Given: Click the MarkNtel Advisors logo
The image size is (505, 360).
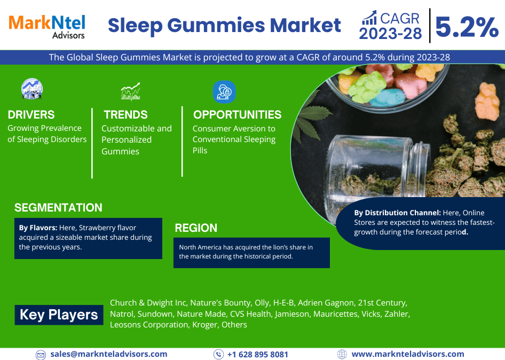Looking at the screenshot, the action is click(x=46, y=27).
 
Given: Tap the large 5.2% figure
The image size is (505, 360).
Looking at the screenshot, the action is click(x=467, y=27).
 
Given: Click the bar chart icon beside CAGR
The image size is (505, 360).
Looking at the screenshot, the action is click(x=369, y=18).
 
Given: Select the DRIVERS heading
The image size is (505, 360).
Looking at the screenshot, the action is click(x=31, y=115).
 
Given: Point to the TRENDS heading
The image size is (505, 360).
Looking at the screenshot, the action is click(x=125, y=115).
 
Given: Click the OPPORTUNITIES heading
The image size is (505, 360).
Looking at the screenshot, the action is click(x=238, y=115).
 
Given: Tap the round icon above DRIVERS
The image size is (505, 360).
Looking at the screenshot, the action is click(x=32, y=89).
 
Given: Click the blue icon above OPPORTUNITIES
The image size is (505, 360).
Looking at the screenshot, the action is click(x=224, y=92).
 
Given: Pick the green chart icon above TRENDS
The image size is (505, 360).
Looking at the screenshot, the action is click(x=131, y=91).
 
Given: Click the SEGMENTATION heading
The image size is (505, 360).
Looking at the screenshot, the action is click(x=58, y=208).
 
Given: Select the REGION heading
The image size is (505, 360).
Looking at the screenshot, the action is click(x=196, y=228).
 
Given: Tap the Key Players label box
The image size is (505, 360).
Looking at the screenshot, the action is click(x=59, y=315).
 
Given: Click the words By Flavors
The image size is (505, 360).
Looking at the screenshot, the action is click(x=38, y=228).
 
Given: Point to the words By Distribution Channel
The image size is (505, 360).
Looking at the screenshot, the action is click(x=397, y=213).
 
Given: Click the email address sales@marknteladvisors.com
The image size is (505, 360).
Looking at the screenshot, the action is click(x=109, y=354).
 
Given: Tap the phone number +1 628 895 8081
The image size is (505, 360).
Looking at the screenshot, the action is click(x=258, y=355).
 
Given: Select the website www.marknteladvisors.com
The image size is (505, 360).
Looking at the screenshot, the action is click(x=408, y=354).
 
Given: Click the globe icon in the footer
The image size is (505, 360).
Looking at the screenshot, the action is click(x=342, y=354).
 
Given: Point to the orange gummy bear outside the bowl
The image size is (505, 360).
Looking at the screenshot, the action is click(x=487, y=101).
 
